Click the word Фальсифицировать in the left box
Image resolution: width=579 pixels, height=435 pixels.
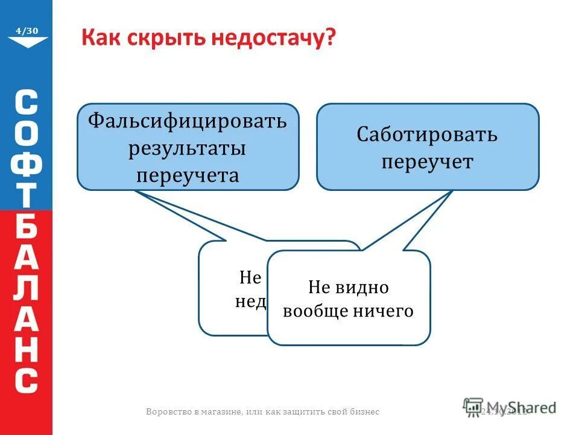pyautogui.click(x=188, y=120)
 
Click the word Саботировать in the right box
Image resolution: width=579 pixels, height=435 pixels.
pyautogui.click(x=427, y=134)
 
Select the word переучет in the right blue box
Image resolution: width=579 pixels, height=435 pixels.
pyautogui.click(x=427, y=162)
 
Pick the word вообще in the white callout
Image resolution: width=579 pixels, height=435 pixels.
pyautogui.click(x=313, y=311)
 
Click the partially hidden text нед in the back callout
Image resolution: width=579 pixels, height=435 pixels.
pyautogui.click(x=250, y=301)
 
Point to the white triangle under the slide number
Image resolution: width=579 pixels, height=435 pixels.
pyautogui.click(x=27, y=42)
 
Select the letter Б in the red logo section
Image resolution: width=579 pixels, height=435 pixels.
pyautogui.click(x=27, y=228)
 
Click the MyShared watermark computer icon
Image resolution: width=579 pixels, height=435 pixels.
pyautogui.click(x=473, y=407)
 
